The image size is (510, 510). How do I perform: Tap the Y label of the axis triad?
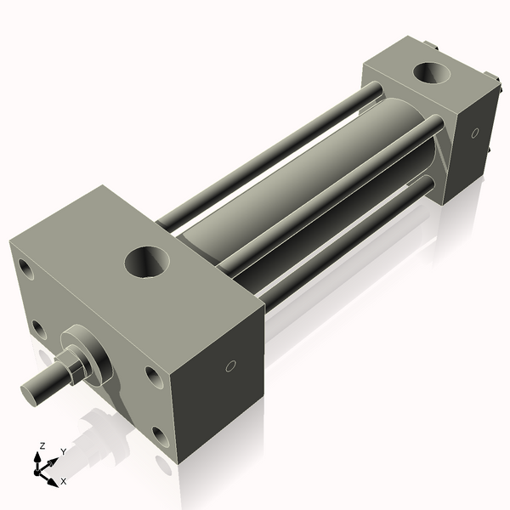[63, 451]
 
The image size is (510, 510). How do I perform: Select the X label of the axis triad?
[63, 481]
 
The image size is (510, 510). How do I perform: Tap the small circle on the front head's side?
[229, 366]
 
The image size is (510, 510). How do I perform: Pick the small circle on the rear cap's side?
[474, 133]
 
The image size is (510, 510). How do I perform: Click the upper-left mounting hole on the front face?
[28, 272]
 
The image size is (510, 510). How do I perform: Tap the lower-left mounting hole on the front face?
[40, 327]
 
